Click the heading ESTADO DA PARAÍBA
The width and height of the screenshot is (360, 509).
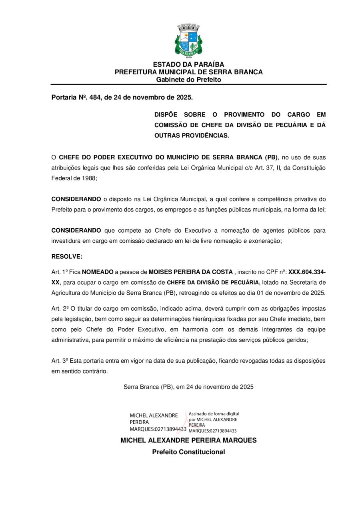coord(188,64)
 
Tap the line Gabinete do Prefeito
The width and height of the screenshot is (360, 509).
coord(188,80)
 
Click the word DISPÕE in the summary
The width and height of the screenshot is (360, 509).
coord(165,114)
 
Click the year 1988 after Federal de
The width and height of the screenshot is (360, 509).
coord(89,178)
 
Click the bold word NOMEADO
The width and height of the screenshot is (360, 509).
coord(98,272)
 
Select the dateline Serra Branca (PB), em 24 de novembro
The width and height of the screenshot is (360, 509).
coord(188,387)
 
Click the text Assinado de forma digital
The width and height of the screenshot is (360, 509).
coord(214,413)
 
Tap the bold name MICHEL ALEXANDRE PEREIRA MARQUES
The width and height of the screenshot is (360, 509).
coord(188,440)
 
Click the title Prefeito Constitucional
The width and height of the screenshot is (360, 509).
coord(188,452)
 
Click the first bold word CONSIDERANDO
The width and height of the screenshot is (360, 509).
coord(76,199)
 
